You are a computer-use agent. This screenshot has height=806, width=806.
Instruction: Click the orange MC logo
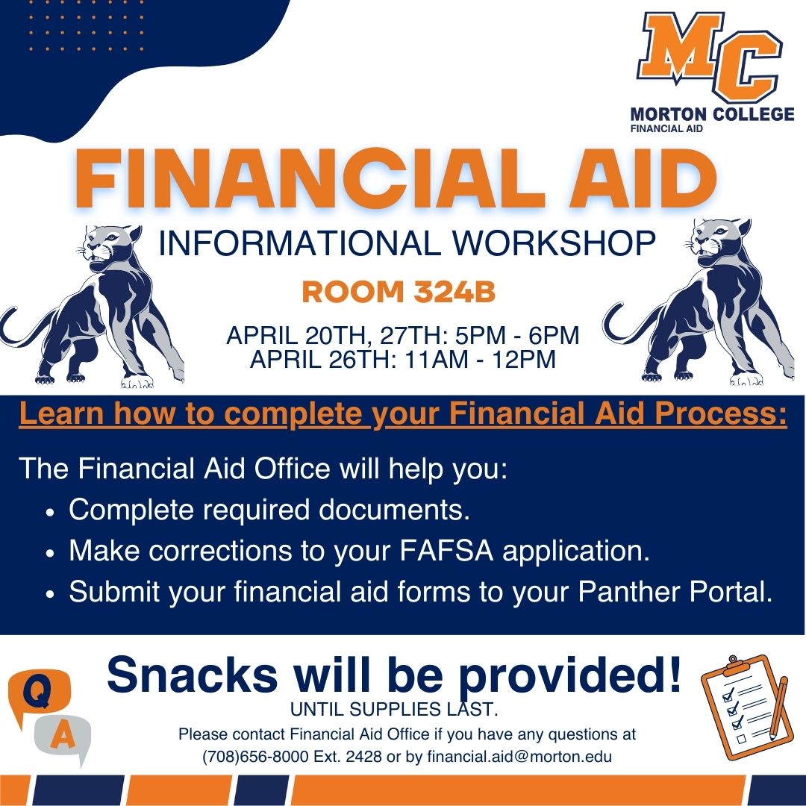tap(710, 57)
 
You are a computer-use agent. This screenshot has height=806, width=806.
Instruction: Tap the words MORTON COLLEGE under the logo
tap(712, 114)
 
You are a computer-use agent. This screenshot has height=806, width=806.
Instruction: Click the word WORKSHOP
tap(554, 243)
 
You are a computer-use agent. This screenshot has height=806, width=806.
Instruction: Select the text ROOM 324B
tap(399, 292)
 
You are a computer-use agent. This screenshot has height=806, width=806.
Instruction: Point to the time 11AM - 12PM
tap(480, 359)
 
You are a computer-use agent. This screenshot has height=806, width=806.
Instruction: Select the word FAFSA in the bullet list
tap(446, 551)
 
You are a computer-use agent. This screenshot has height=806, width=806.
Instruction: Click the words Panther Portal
tap(675, 592)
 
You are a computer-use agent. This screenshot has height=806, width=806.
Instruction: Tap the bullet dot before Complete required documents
tap(50, 513)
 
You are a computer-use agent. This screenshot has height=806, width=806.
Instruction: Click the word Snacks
tap(193, 675)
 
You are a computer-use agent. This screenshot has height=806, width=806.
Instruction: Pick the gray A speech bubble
tap(63, 737)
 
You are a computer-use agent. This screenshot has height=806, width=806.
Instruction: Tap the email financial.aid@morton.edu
tap(519, 757)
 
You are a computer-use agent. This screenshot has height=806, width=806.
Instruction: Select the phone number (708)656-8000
tap(255, 757)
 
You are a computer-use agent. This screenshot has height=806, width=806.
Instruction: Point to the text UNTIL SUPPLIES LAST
tap(394, 710)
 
